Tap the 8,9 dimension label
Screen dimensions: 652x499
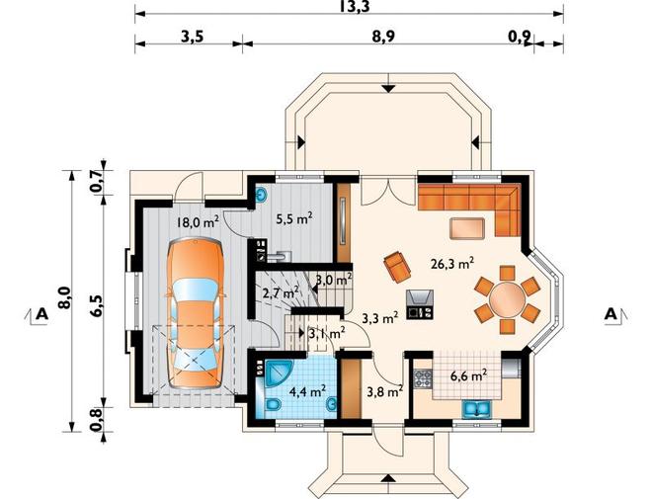click(x=383, y=37)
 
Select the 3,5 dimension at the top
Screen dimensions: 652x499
click(x=192, y=37)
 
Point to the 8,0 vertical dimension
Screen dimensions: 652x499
click(x=64, y=297)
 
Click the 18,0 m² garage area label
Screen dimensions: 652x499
click(x=198, y=222)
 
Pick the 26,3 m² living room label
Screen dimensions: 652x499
click(x=452, y=264)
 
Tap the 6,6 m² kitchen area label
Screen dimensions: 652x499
click(x=469, y=375)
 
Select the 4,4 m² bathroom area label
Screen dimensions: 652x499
click(x=307, y=391)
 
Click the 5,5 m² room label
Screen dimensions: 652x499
click(x=294, y=218)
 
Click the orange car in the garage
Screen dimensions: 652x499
click(x=195, y=313)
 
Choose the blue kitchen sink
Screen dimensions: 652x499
click(x=477, y=408)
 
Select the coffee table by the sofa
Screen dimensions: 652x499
click(x=467, y=228)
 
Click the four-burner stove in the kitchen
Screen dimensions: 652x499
click(x=423, y=378)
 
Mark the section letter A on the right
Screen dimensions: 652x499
click(x=610, y=314)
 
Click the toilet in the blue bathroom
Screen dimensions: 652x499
click(x=273, y=404)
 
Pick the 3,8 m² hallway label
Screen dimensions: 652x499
click(x=385, y=390)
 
